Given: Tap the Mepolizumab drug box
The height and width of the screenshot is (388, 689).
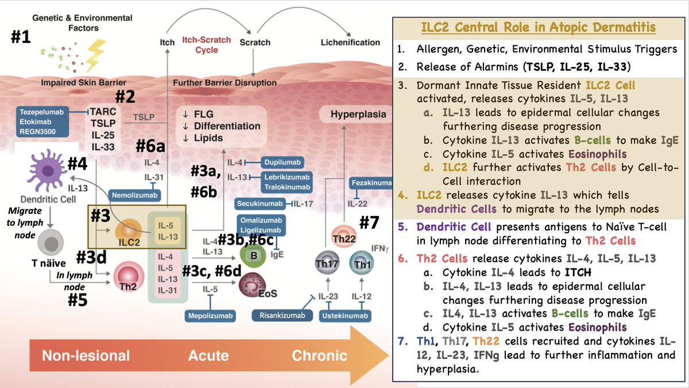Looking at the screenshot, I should [x=210, y=315].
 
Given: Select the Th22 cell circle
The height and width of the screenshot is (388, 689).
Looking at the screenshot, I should [x=342, y=235].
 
